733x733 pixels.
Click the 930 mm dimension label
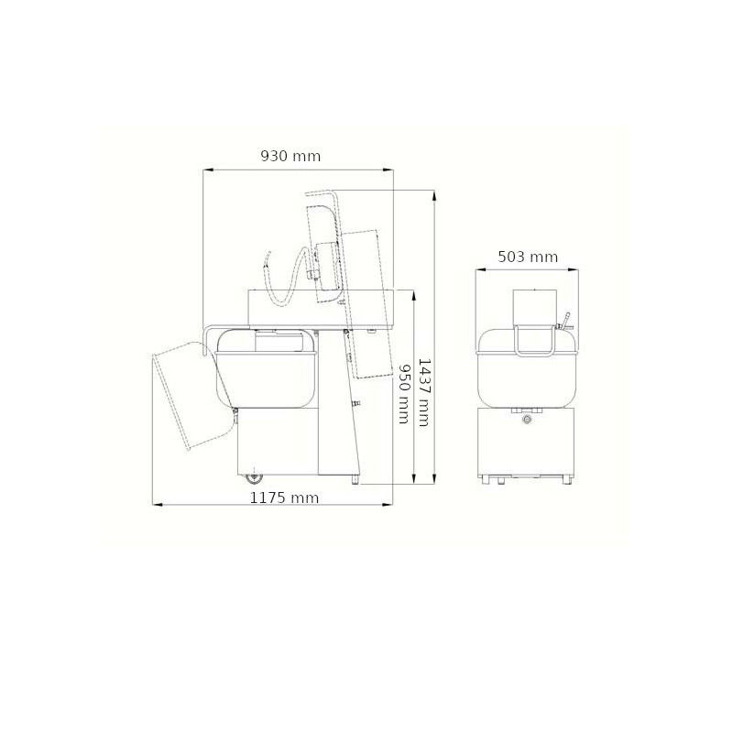pyautogui.click(x=290, y=156)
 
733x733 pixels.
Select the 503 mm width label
pyautogui.click(x=528, y=257)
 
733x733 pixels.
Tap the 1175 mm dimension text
pyautogui.click(x=284, y=498)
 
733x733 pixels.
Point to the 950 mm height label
pyautogui.click(x=403, y=394)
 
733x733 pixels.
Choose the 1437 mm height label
pyautogui.click(x=423, y=393)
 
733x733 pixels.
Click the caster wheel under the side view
pyautogui.click(x=255, y=478)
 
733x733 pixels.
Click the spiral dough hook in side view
pyautogui.click(x=286, y=279)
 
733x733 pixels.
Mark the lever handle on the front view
pyautogui.click(x=563, y=321)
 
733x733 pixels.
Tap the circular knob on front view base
pyautogui.click(x=528, y=420)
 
